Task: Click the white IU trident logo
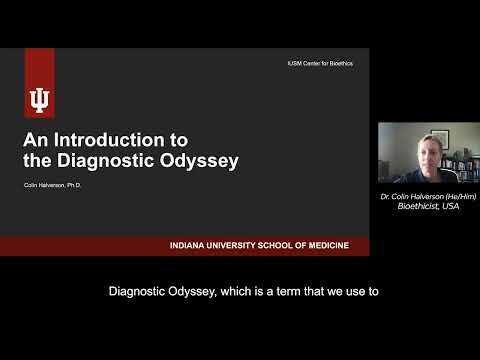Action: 40,99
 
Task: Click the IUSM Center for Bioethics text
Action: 319,64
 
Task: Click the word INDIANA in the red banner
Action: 190,246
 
